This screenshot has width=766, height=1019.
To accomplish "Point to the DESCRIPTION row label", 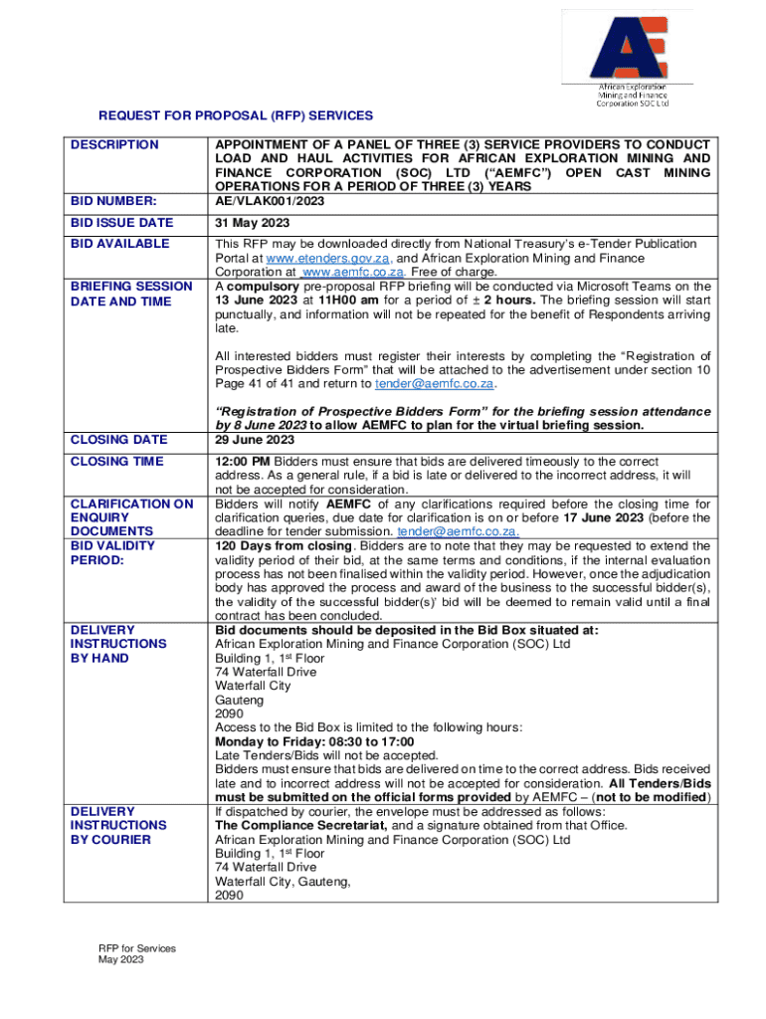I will (114, 145).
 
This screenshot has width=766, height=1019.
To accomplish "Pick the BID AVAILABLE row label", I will (119, 244).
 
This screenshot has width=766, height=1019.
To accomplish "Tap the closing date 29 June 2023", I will (254, 440).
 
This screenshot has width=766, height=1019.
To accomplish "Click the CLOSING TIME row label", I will (113, 462).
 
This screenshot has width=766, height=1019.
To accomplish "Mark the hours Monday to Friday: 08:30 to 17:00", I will (314, 741).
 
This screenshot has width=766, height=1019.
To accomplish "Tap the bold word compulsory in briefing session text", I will (263, 287).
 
